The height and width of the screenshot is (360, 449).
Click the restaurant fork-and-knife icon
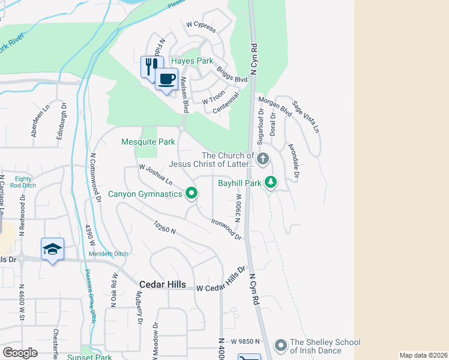[x=152, y=66]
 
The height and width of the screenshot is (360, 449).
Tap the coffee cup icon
[x=166, y=78]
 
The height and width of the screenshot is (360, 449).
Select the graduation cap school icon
[x=52, y=249]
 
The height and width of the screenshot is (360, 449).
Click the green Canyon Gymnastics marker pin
[x=191, y=193]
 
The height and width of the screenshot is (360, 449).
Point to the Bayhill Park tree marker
[x=271, y=182]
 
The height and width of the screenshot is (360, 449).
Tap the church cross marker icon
[x=262, y=160]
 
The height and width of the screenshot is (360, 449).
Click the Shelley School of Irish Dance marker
[x=280, y=345]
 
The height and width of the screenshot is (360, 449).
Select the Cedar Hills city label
[x=162, y=284]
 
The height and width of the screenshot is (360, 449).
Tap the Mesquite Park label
[x=148, y=142]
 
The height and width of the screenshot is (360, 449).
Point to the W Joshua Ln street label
[x=156, y=175]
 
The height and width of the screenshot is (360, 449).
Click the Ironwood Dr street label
[x=226, y=229]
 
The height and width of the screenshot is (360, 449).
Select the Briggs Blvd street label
[x=232, y=74]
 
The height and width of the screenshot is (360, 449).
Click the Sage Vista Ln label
[x=306, y=117]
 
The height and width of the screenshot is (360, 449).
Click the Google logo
[x=20, y=353]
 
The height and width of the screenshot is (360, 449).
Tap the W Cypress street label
[x=200, y=26]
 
